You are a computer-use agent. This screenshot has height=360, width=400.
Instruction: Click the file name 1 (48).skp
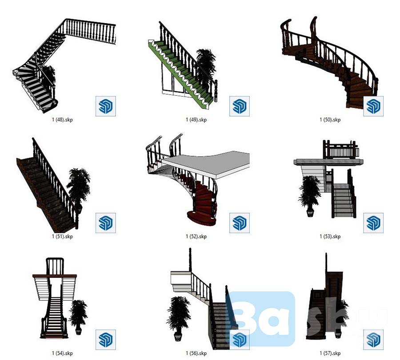click(62, 120)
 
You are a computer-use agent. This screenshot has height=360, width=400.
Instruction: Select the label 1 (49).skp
click(196, 120)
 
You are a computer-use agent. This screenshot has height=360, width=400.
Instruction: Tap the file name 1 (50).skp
click(330, 120)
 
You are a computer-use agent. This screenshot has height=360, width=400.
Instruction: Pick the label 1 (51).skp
click(62, 236)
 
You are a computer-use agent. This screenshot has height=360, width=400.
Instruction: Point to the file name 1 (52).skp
click(196, 236)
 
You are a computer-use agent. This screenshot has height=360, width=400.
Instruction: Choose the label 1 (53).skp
click(330, 236)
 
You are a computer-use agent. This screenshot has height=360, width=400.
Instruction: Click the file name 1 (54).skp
click(62, 353)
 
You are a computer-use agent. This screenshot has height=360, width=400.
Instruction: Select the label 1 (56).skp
click(196, 353)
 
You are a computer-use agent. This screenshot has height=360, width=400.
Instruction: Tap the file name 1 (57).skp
click(330, 353)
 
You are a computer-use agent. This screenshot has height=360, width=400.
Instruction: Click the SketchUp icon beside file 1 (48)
click(106, 106)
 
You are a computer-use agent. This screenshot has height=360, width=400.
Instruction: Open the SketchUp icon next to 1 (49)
click(239, 106)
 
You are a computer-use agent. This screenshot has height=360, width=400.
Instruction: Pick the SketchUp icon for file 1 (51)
click(106, 223)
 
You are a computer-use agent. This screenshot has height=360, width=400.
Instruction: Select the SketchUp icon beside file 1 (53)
click(373, 223)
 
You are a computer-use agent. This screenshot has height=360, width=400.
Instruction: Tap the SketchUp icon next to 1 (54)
click(106, 340)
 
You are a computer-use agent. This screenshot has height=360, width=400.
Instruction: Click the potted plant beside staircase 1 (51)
click(78, 189)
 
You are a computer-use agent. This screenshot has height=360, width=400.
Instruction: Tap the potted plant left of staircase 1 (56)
click(179, 318)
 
